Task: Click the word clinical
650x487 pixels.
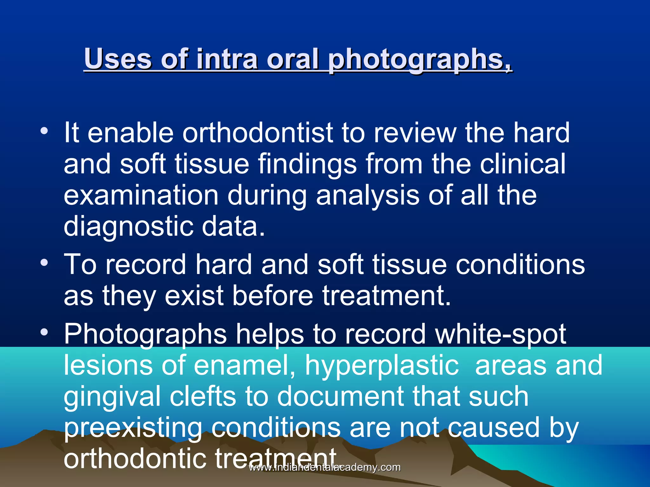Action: click(x=522, y=164)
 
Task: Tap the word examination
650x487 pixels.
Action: click(x=141, y=195)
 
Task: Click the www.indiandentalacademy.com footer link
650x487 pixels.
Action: click(x=325, y=467)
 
